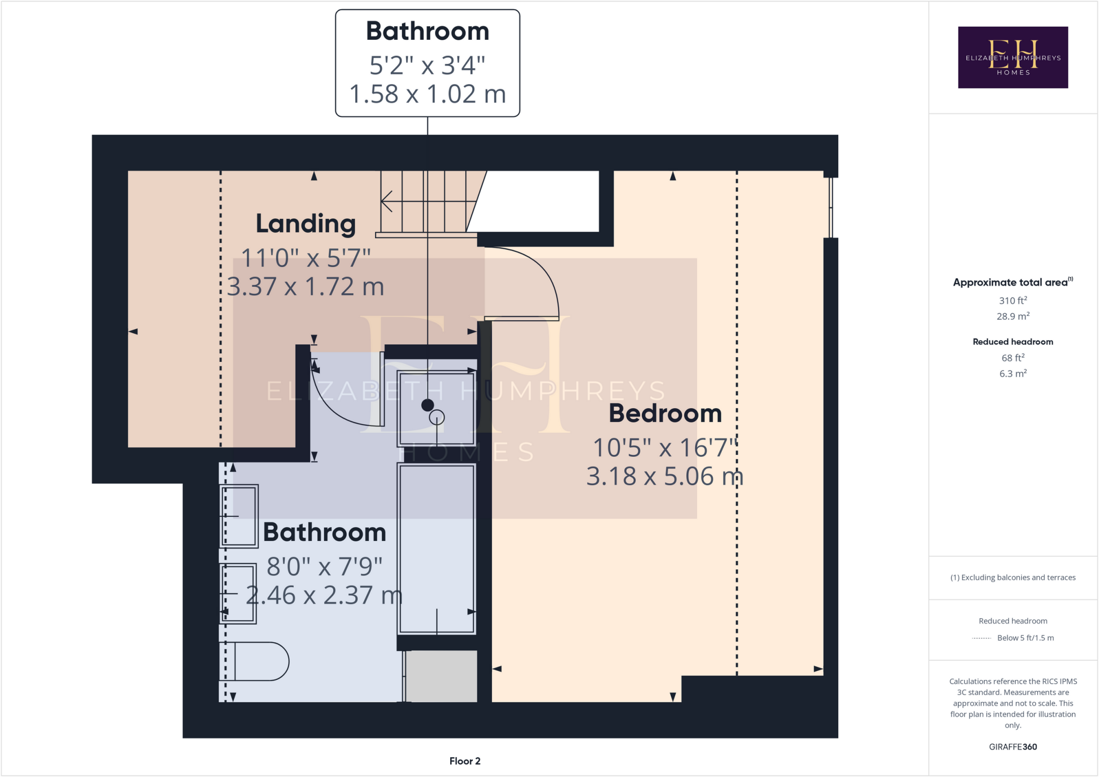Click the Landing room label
pos(305,224)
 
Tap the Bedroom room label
pos(665,413)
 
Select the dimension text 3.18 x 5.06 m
pos(664,476)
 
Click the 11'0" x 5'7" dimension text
pos(305,258)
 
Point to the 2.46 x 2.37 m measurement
pos(324,595)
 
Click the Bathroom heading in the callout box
pos(427,31)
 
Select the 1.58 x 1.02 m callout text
pos(427,94)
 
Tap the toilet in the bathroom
pos(260,661)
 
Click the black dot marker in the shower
pos(428,405)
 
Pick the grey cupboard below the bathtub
pos(441,676)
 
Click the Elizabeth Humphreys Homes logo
pos(1013,57)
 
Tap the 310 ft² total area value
pos(1013,300)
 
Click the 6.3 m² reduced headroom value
pos(1013,374)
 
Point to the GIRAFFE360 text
pos(1013,746)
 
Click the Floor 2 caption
pos(465,761)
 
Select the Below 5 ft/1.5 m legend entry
pos(1025,638)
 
